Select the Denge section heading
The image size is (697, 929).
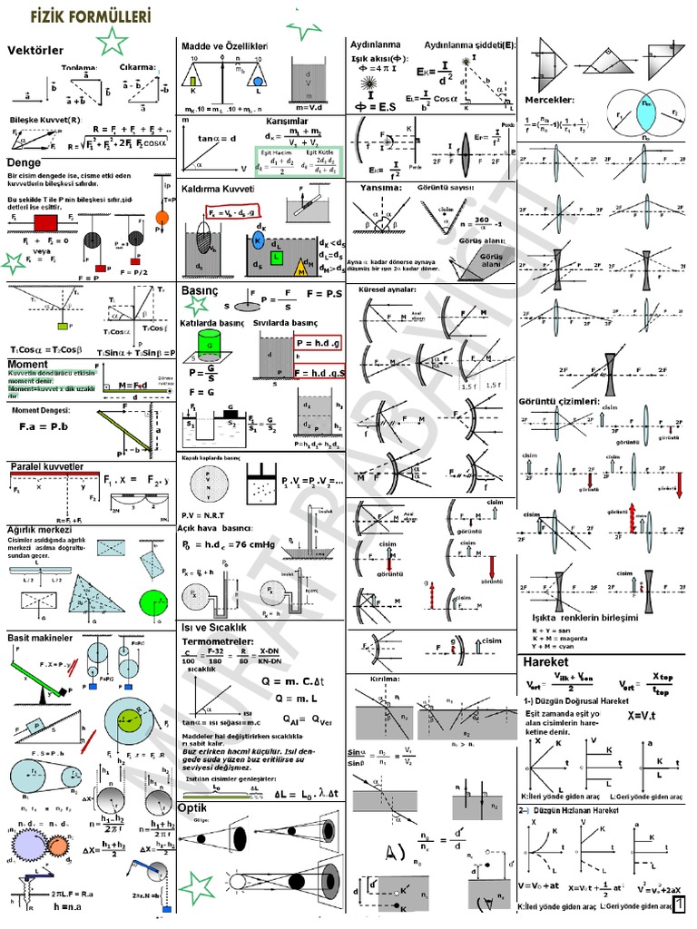(25, 162)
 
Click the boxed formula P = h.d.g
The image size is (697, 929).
(316, 344)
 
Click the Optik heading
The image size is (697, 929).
(192, 807)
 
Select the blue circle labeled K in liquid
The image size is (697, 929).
(260, 241)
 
